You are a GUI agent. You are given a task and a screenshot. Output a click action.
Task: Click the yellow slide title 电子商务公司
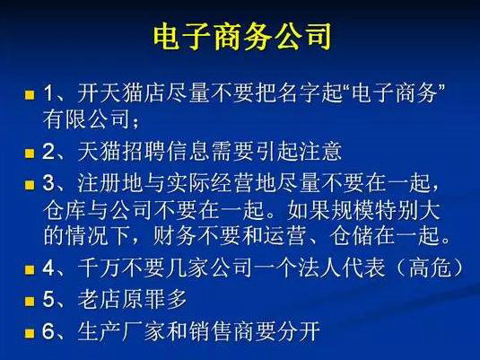tap(240, 37)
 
